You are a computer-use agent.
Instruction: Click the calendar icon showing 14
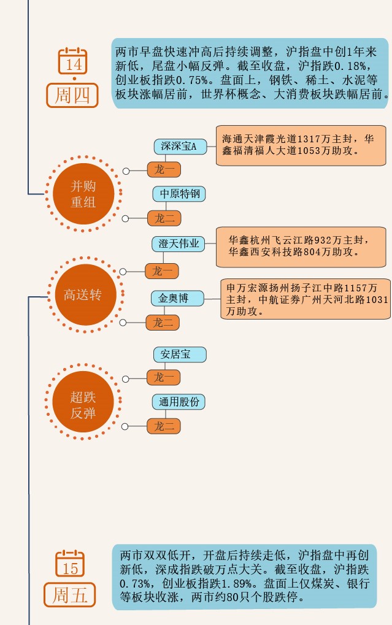(73, 61)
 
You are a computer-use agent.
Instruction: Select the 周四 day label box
(72, 96)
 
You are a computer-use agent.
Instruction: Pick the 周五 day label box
(70, 594)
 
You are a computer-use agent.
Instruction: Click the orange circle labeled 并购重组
(83, 194)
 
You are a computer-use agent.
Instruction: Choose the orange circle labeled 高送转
(83, 295)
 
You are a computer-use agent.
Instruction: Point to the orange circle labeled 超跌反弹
(83, 405)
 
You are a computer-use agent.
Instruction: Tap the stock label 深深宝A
(179, 147)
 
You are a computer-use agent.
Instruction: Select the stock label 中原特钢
(179, 194)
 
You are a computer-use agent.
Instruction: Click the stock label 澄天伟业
(179, 244)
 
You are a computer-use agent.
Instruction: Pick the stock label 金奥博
(178, 299)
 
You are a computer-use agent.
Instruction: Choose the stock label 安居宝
(180, 355)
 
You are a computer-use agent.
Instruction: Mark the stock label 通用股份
(179, 402)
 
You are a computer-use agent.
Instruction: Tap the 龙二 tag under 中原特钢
(164, 218)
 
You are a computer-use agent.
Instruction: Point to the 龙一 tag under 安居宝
(164, 377)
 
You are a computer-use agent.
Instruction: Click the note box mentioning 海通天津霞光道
(301, 145)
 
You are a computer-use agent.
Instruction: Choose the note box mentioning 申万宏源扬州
(306, 299)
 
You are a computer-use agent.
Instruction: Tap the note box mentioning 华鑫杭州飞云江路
(301, 247)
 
